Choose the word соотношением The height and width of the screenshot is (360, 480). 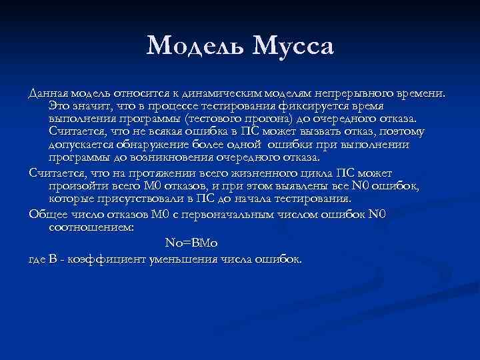tap(91, 227)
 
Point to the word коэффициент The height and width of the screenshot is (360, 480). tap(110, 259)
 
